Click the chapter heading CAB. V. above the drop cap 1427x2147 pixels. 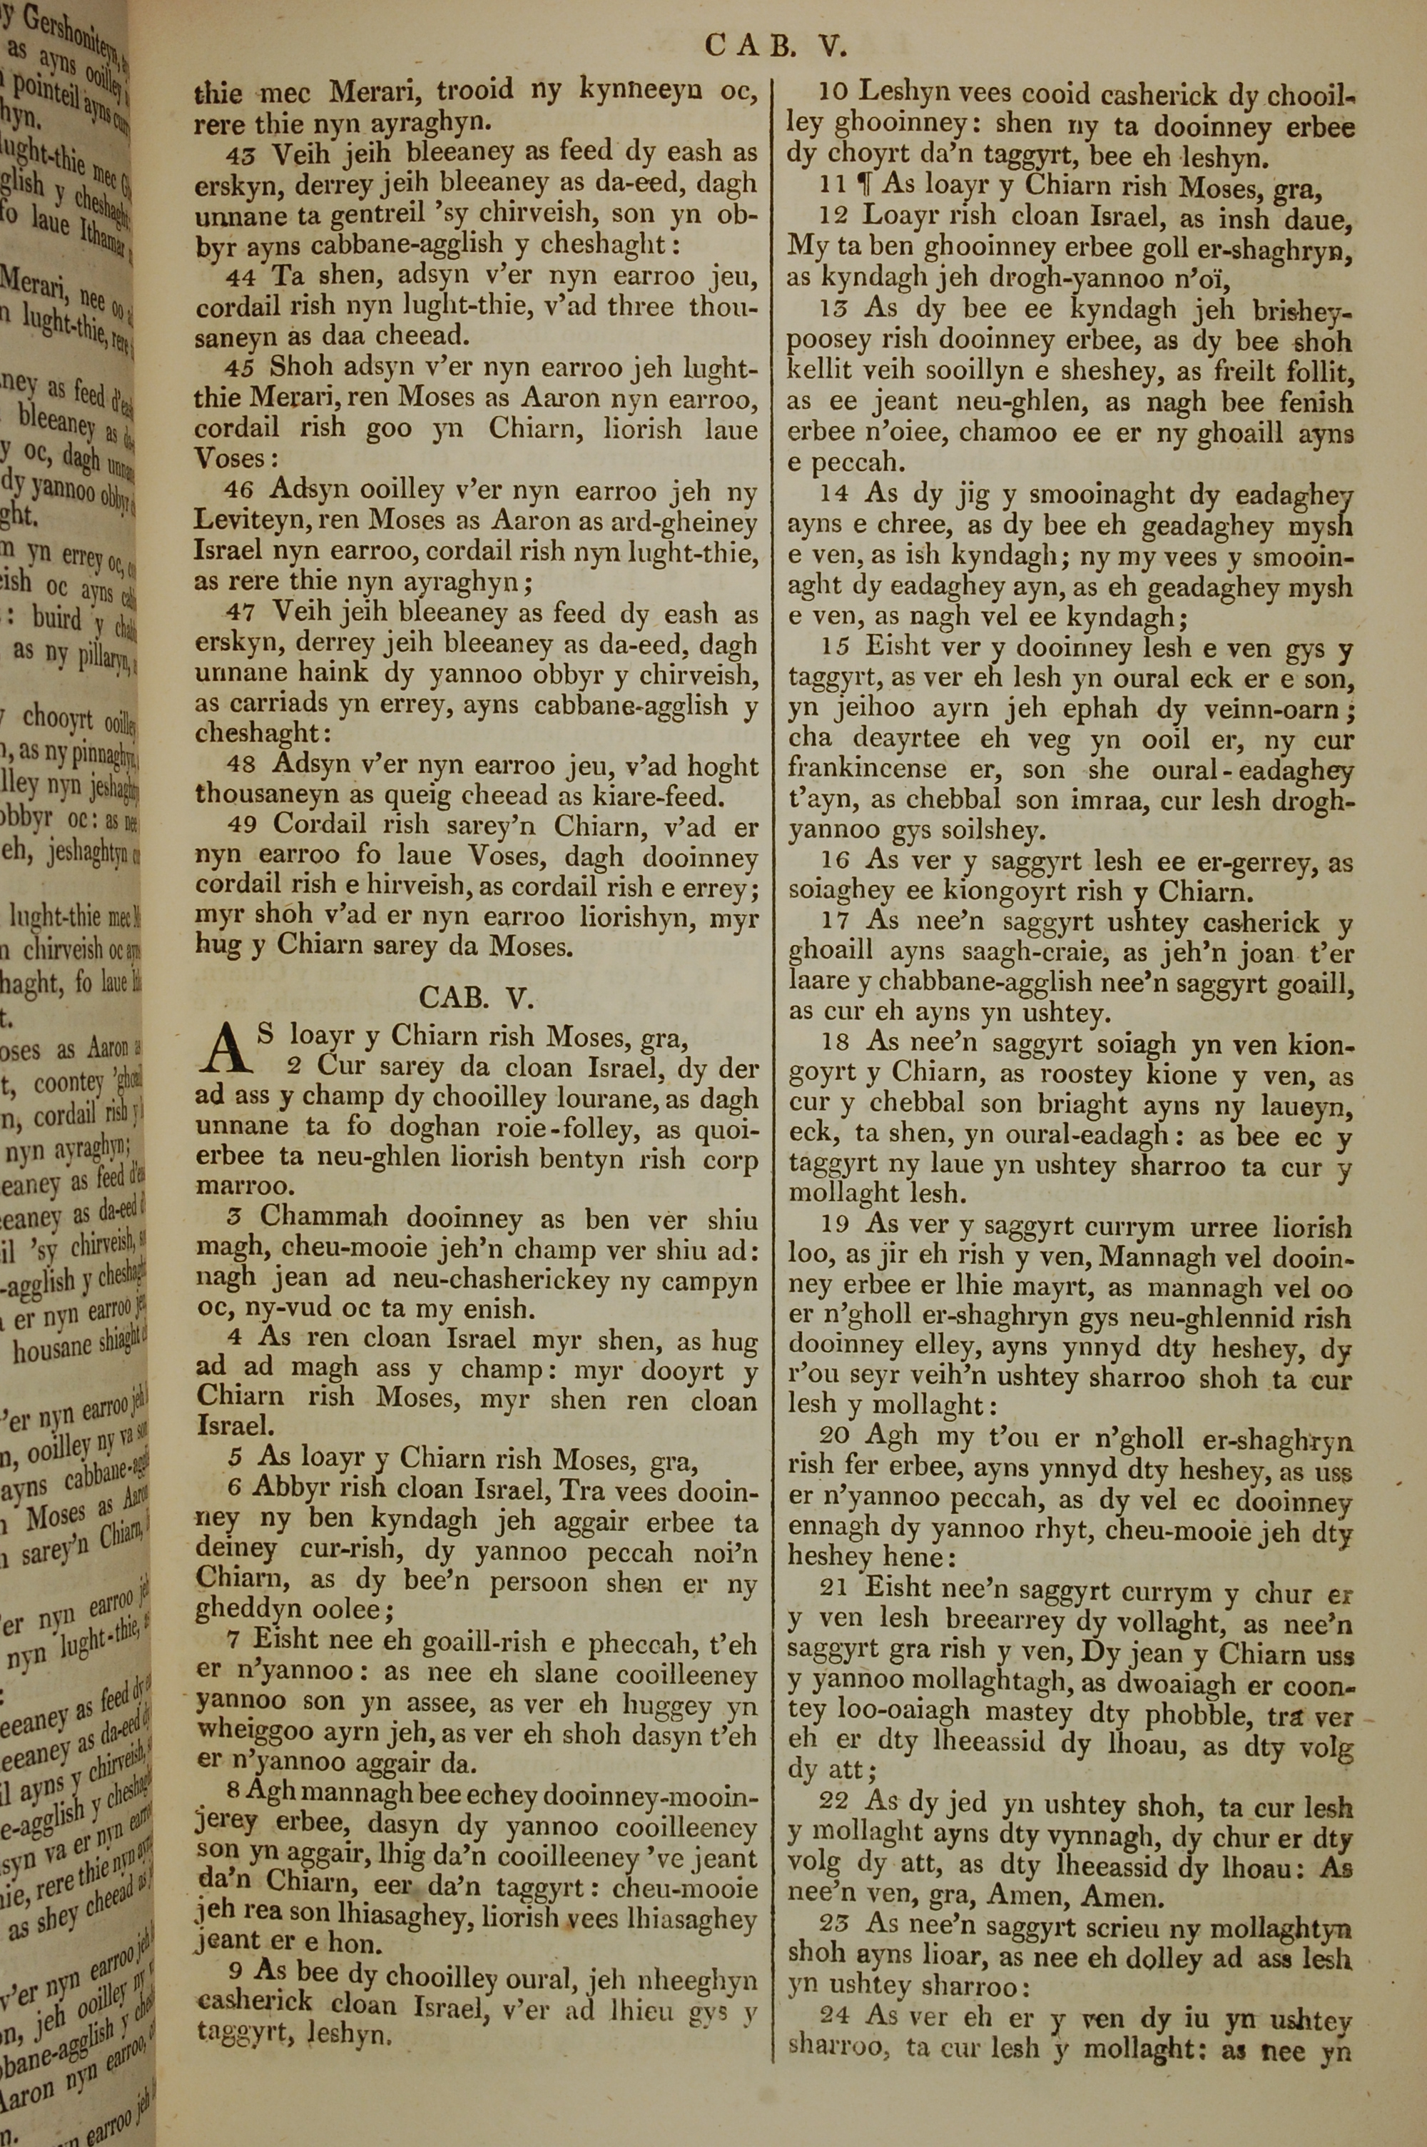click(474, 999)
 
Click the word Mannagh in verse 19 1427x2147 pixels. click(1153, 1257)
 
